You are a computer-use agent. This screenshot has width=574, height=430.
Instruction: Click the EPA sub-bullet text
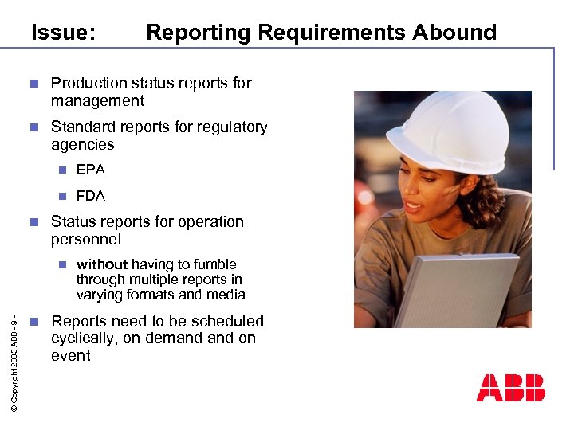tap(90, 170)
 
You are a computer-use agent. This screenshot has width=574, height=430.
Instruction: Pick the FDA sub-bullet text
tap(90, 196)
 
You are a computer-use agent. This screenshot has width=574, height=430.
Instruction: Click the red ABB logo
tap(510, 388)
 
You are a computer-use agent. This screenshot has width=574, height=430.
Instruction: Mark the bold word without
tap(101, 264)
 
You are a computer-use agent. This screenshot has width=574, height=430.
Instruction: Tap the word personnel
tap(86, 239)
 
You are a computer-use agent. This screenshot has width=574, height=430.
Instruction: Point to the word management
tap(97, 100)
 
